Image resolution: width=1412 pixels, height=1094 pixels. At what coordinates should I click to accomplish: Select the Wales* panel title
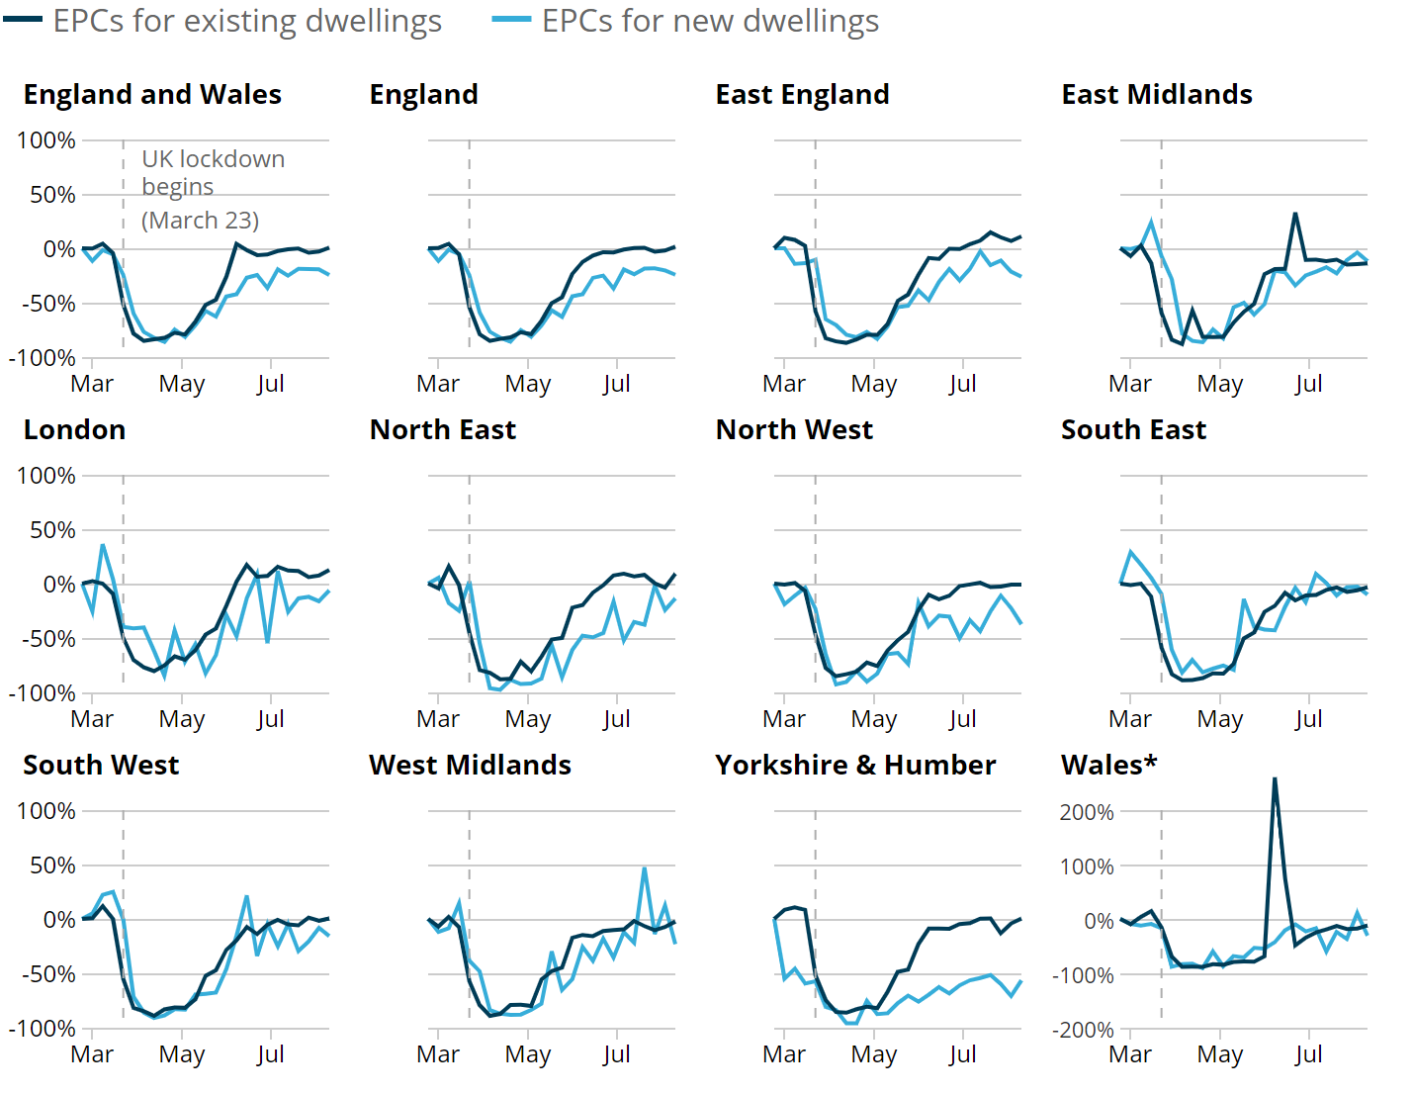[x=1108, y=765]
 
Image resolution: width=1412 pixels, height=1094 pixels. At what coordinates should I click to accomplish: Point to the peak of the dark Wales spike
[x=1275, y=778]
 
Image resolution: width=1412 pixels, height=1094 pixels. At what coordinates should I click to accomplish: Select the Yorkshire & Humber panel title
[x=855, y=765]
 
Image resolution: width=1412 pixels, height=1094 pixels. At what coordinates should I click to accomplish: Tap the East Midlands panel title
[x=1157, y=94]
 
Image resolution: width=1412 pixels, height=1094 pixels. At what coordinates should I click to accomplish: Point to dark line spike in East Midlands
[x=1295, y=214]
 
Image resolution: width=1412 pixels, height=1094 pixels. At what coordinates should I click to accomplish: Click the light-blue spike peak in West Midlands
[x=645, y=868]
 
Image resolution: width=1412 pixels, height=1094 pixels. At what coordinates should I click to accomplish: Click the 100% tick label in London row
[x=45, y=476]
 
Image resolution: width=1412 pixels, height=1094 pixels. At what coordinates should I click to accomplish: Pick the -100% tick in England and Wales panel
[x=42, y=358]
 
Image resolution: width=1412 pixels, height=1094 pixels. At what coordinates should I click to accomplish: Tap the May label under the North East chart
[x=527, y=719]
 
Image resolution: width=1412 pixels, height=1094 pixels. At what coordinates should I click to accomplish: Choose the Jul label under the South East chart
[x=1308, y=719]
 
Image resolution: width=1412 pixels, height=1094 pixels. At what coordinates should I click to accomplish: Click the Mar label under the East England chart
[x=784, y=384]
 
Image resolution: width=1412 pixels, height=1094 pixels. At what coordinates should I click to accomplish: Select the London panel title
[x=74, y=429]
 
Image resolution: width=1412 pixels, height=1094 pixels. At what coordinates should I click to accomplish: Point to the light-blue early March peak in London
[x=102, y=545]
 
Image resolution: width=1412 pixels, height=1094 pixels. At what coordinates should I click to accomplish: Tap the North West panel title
[x=794, y=429]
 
